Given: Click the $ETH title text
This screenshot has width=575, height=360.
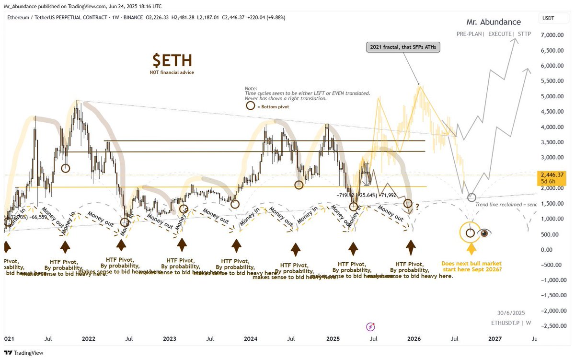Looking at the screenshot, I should pos(172,61).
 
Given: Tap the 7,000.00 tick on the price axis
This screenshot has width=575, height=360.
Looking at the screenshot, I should pos(552,35).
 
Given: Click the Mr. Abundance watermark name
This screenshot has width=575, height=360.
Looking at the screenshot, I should pos(494,22).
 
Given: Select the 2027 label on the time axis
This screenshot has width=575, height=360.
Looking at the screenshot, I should pos(495,339).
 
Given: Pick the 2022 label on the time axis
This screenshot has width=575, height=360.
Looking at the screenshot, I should pos(89,339).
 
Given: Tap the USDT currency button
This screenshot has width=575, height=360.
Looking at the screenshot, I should pos(548,19).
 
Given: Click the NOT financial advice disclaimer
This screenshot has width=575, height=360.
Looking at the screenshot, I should pos(172,72).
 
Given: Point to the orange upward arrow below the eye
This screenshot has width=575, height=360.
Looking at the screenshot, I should pos(471,248).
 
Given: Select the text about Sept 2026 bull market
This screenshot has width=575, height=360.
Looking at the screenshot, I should pos(471,267).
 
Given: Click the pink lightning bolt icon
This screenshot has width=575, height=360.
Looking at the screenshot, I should pos(370,326).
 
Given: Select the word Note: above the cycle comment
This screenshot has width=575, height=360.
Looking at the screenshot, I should pos(251,89).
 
